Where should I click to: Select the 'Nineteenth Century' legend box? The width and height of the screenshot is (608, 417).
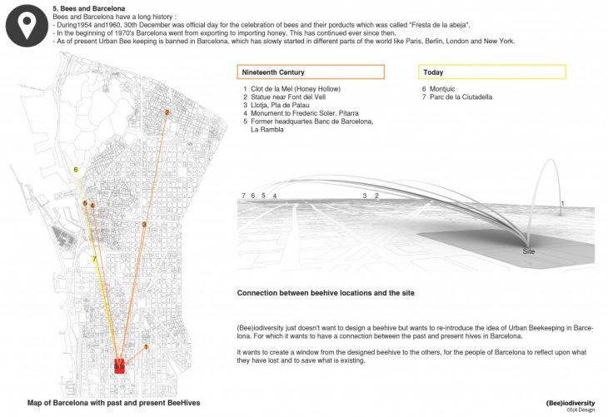click(x=311, y=72)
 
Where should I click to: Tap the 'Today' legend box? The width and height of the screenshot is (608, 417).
click(x=493, y=72)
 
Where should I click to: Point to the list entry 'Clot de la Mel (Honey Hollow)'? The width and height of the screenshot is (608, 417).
click(x=294, y=89)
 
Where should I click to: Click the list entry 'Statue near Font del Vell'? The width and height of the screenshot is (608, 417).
click(x=288, y=98)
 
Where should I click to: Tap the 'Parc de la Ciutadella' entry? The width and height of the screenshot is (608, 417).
click(x=458, y=98)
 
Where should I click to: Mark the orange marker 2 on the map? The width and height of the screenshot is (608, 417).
click(x=167, y=112)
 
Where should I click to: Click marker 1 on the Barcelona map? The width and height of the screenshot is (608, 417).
click(x=146, y=347)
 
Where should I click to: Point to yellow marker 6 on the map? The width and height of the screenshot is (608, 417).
click(x=76, y=170)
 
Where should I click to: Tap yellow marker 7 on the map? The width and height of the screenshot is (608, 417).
click(x=95, y=259)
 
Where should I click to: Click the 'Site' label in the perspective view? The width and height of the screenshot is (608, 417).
click(x=528, y=251)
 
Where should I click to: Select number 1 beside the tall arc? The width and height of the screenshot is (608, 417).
click(x=562, y=203)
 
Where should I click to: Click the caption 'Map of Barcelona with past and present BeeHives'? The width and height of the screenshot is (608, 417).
click(x=113, y=403)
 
